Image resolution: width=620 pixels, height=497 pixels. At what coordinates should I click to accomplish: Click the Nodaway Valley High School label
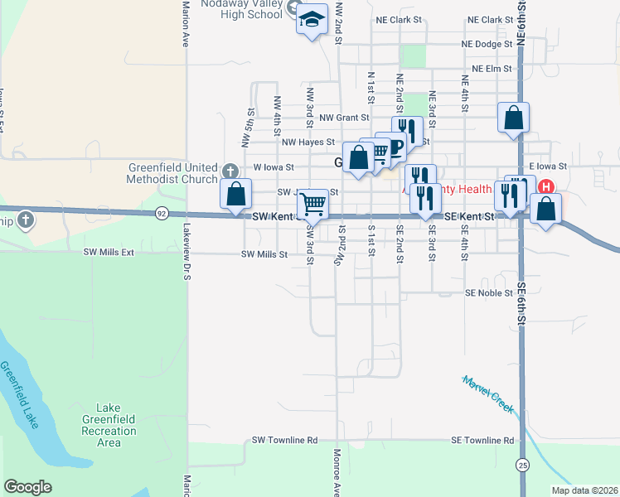[x=241, y=9]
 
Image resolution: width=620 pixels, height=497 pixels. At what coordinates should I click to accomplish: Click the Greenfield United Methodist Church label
[x=172, y=172]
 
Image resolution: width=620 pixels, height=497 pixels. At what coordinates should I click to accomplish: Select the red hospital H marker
[x=546, y=186]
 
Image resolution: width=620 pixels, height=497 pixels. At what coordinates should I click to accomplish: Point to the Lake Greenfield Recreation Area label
[x=109, y=425]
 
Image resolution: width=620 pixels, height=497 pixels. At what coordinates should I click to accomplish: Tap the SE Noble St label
[x=489, y=293]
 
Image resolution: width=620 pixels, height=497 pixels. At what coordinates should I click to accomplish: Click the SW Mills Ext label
[x=109, y=251]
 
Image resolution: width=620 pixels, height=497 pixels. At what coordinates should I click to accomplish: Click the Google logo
[x=27, y=487]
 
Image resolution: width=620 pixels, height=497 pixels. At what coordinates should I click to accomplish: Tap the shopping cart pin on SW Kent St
[x=312, y=202]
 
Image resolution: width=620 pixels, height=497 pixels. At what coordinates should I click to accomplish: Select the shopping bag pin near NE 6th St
[x=514, y=118]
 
